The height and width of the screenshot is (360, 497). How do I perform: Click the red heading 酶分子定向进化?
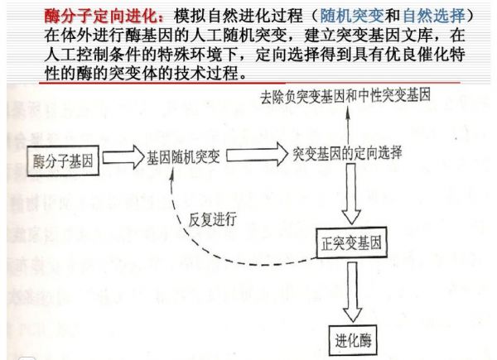tap(100, 16)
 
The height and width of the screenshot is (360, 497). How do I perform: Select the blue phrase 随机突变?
tap(352, 16)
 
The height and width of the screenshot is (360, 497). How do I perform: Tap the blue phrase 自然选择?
tap(433, 16)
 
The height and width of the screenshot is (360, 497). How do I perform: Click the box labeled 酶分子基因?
tap(63, 161)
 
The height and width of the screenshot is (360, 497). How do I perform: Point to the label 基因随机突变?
tap(183, 156)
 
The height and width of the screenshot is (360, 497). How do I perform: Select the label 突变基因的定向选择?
tap(347, 153)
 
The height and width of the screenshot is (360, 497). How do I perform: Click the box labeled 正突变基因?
tap(351, 242)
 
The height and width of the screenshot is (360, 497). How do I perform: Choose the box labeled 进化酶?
tap(353, 340)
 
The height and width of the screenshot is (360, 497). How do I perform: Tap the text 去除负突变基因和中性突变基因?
tap(345, 96)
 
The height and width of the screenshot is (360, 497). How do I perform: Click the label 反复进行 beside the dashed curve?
tap(212, 219)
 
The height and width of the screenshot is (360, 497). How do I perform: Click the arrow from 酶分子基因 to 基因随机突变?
tap(123, 156)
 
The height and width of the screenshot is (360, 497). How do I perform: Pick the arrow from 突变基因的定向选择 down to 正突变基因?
tap(351, 194)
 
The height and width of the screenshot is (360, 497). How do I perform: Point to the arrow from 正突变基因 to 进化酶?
tap(353, 292)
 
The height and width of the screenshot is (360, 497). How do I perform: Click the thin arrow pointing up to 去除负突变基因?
tap(348, 126)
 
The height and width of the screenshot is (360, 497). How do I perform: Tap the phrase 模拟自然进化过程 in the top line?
tap(239, 16)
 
